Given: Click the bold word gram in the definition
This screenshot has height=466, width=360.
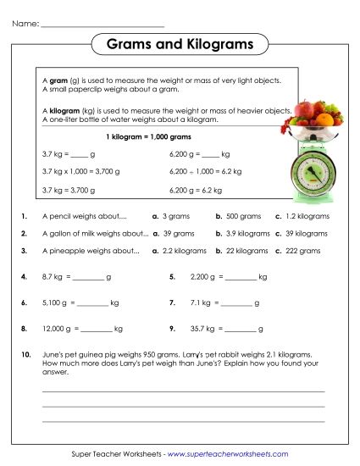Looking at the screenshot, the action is coord(61,80).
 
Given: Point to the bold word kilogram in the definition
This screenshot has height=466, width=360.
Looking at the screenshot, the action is coord(67,110).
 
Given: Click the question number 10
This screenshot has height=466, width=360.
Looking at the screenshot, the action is coord(25,353).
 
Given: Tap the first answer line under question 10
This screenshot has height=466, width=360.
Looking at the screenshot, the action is coord(183,391).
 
